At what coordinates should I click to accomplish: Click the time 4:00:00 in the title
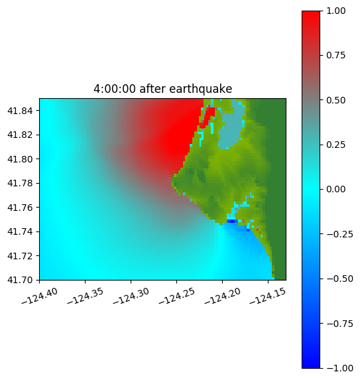115,89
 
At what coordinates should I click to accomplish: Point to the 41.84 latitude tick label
20,111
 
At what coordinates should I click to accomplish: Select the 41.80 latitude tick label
20,159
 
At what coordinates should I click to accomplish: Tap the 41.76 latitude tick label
20,208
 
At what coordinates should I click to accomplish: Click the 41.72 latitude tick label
20,256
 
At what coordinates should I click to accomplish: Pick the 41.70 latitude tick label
20,280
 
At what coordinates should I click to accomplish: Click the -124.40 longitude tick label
40,296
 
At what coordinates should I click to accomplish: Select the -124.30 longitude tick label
131,296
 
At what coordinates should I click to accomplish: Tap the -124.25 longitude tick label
176,296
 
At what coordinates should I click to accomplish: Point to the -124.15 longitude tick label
268,296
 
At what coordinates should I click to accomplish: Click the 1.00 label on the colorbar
335,11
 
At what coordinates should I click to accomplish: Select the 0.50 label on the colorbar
335,100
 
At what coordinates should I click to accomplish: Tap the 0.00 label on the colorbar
335,189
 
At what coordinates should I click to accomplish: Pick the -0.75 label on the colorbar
339,324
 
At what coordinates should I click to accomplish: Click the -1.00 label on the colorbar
339,368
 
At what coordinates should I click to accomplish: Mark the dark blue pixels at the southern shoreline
232,222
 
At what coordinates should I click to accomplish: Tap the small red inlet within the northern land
209,116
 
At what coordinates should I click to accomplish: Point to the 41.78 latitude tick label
20,183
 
